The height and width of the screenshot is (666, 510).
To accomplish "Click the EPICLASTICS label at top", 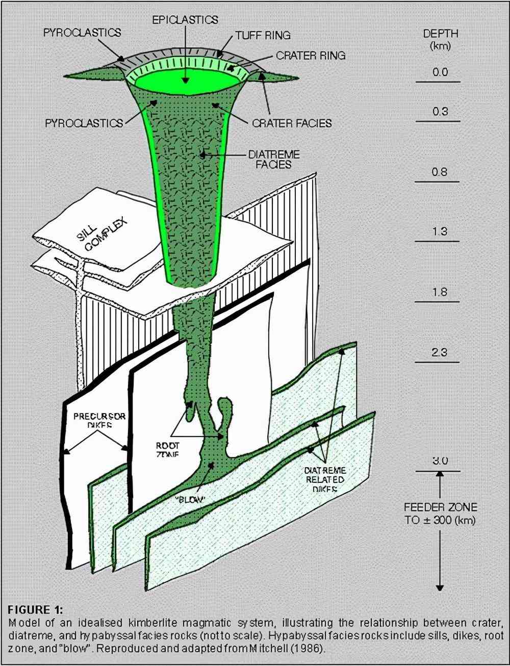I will pyautogui.click(x=185, y=20).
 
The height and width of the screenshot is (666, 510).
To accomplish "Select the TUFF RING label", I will pyautogui.click(x=263, y=36).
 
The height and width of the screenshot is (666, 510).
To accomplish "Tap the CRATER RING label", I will pyautogui.click(x=311, y=56).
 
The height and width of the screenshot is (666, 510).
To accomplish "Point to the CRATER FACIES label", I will pyautogui.click(x=292, y=123).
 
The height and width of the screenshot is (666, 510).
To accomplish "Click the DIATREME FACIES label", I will pyautogui.click(x=273, y=159).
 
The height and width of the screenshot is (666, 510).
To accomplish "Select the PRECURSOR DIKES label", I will pyautogui.click(x=99, y=420).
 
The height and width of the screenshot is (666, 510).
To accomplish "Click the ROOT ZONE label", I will pyautogui.click(x=168, y=449).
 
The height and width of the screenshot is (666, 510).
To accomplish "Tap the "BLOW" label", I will pyautogui.click(x=190, y=499).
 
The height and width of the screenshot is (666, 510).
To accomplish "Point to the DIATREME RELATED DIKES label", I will pyautogui.click(x=325, y=479).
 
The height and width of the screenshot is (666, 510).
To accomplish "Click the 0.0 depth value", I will pyautogui.click(x=440, y=72).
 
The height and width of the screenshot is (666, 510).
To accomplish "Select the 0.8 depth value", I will pyautogui.click(x=439, y=172).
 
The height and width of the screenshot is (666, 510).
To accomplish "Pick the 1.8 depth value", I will pyautogui.click(x=439, y=292).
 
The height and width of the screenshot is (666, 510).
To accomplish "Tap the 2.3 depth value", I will pyautogui.click(x=439, y=352).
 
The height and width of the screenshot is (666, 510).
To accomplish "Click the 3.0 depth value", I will pyautogui.click(x=440, y=461).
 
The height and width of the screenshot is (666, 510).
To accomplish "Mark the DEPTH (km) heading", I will pyautogui.click(x=440, y=39).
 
